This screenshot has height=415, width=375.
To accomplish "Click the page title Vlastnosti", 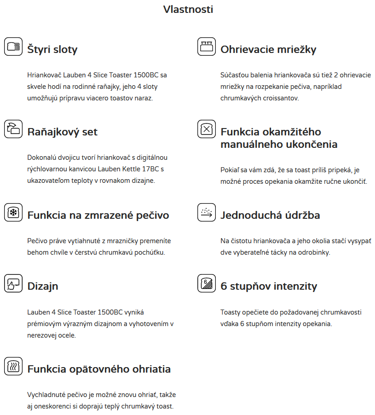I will (188, 9).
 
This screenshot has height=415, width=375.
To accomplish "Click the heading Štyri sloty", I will (52, 49).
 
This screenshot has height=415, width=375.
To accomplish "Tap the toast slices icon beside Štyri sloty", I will (13, 47).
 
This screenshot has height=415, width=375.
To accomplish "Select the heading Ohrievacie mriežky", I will (268, 49).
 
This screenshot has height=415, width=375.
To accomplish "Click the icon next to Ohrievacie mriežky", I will (207, 47).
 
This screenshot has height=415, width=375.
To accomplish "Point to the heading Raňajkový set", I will (63, 132).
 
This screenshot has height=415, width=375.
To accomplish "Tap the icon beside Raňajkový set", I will (13, 129).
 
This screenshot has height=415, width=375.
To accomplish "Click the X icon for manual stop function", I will (207, 129).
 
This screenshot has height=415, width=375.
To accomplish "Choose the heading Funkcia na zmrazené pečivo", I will (98, 215).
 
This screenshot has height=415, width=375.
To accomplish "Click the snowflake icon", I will (13, 212).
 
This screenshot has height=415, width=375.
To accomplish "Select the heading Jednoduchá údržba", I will (270, 215).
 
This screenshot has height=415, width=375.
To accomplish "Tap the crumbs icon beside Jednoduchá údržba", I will (207, 212).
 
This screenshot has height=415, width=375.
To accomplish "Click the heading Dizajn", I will (43, 286).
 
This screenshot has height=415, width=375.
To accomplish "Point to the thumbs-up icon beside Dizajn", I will (13, 283).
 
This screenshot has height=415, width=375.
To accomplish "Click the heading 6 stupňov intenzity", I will (269, 286).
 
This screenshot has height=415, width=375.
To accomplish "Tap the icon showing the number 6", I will (207, 283).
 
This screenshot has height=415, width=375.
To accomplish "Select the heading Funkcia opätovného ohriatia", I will (99, 369).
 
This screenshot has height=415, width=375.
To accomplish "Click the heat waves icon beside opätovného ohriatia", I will (13, 366).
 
